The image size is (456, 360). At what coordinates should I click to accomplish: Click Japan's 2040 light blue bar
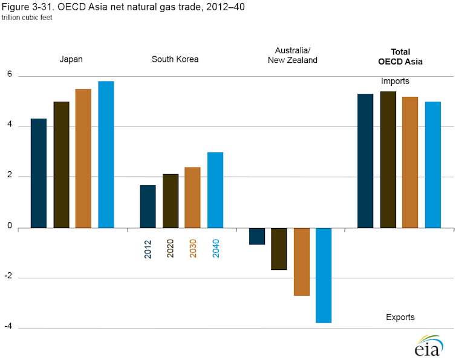pyautogui.click(x=106, y=154)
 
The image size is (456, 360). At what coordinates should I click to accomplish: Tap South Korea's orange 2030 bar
pyautogui.click(x=193, y=197)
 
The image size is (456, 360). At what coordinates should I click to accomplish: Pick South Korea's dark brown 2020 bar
pyautogui.click(x=171, y=201)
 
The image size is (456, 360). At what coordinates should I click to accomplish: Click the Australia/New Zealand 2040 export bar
pyautogui.click(x=324, y=275)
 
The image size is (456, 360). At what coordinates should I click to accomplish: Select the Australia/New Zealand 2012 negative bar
pyautogui.click(x=257, y=236)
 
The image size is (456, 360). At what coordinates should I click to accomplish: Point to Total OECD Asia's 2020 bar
pyautogui.click(x=388, y=160)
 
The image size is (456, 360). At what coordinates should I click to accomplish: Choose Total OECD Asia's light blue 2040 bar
pyautogui.click(x=432, y=165)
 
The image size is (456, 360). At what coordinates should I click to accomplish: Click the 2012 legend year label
pyautogui.click(x=148, y=249)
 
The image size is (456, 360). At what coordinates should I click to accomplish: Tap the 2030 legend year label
pyautogui.click(x=193, y=249)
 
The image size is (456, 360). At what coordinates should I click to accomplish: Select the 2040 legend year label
pyautogui.click(x=215, y=249)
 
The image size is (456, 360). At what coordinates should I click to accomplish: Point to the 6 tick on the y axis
pyautogui.click(x=10, y=76)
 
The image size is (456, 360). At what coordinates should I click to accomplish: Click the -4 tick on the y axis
pyautogui.click(x=9, y=327)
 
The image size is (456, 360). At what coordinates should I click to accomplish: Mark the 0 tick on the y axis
pyautogui.click(x=10, y=227)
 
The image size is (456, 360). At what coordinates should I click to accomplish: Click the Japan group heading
pyautogui.click(x=71, y=59)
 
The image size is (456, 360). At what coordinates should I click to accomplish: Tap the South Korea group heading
pyautogui.click(x=175, y=59)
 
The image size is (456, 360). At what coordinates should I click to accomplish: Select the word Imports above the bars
pyautogui.click(x=395, y=81)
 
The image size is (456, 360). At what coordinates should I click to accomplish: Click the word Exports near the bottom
pyautogui.click(x=400, y=317)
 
